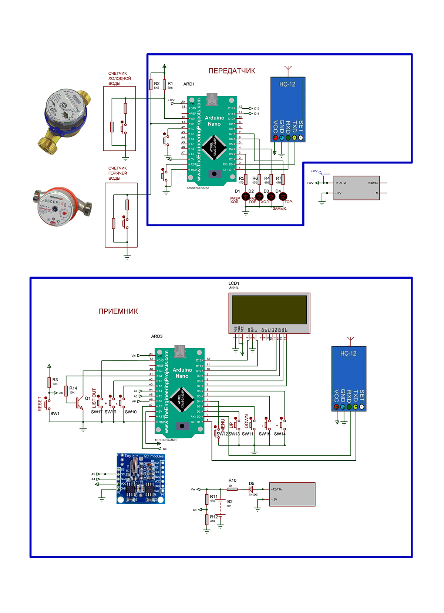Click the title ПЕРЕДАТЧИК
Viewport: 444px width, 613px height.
232,71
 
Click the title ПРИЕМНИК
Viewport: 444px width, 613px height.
118,311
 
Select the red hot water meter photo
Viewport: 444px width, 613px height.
61,206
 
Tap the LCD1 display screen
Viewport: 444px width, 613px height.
269,309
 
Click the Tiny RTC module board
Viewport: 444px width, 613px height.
141,478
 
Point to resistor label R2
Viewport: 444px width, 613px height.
157,84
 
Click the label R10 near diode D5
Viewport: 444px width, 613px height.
232,481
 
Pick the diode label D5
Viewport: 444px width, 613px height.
252,484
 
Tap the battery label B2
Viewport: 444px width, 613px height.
230,502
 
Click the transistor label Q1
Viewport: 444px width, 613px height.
88,398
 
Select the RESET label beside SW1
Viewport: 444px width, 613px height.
40,404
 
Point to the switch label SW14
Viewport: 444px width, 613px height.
280,434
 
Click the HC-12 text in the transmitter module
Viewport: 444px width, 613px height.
287,84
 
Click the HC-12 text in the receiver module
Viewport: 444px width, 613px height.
348,353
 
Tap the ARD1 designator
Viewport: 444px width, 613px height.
189,84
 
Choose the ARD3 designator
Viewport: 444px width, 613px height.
157,336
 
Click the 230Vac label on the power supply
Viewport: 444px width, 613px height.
373,183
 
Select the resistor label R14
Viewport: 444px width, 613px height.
73,388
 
